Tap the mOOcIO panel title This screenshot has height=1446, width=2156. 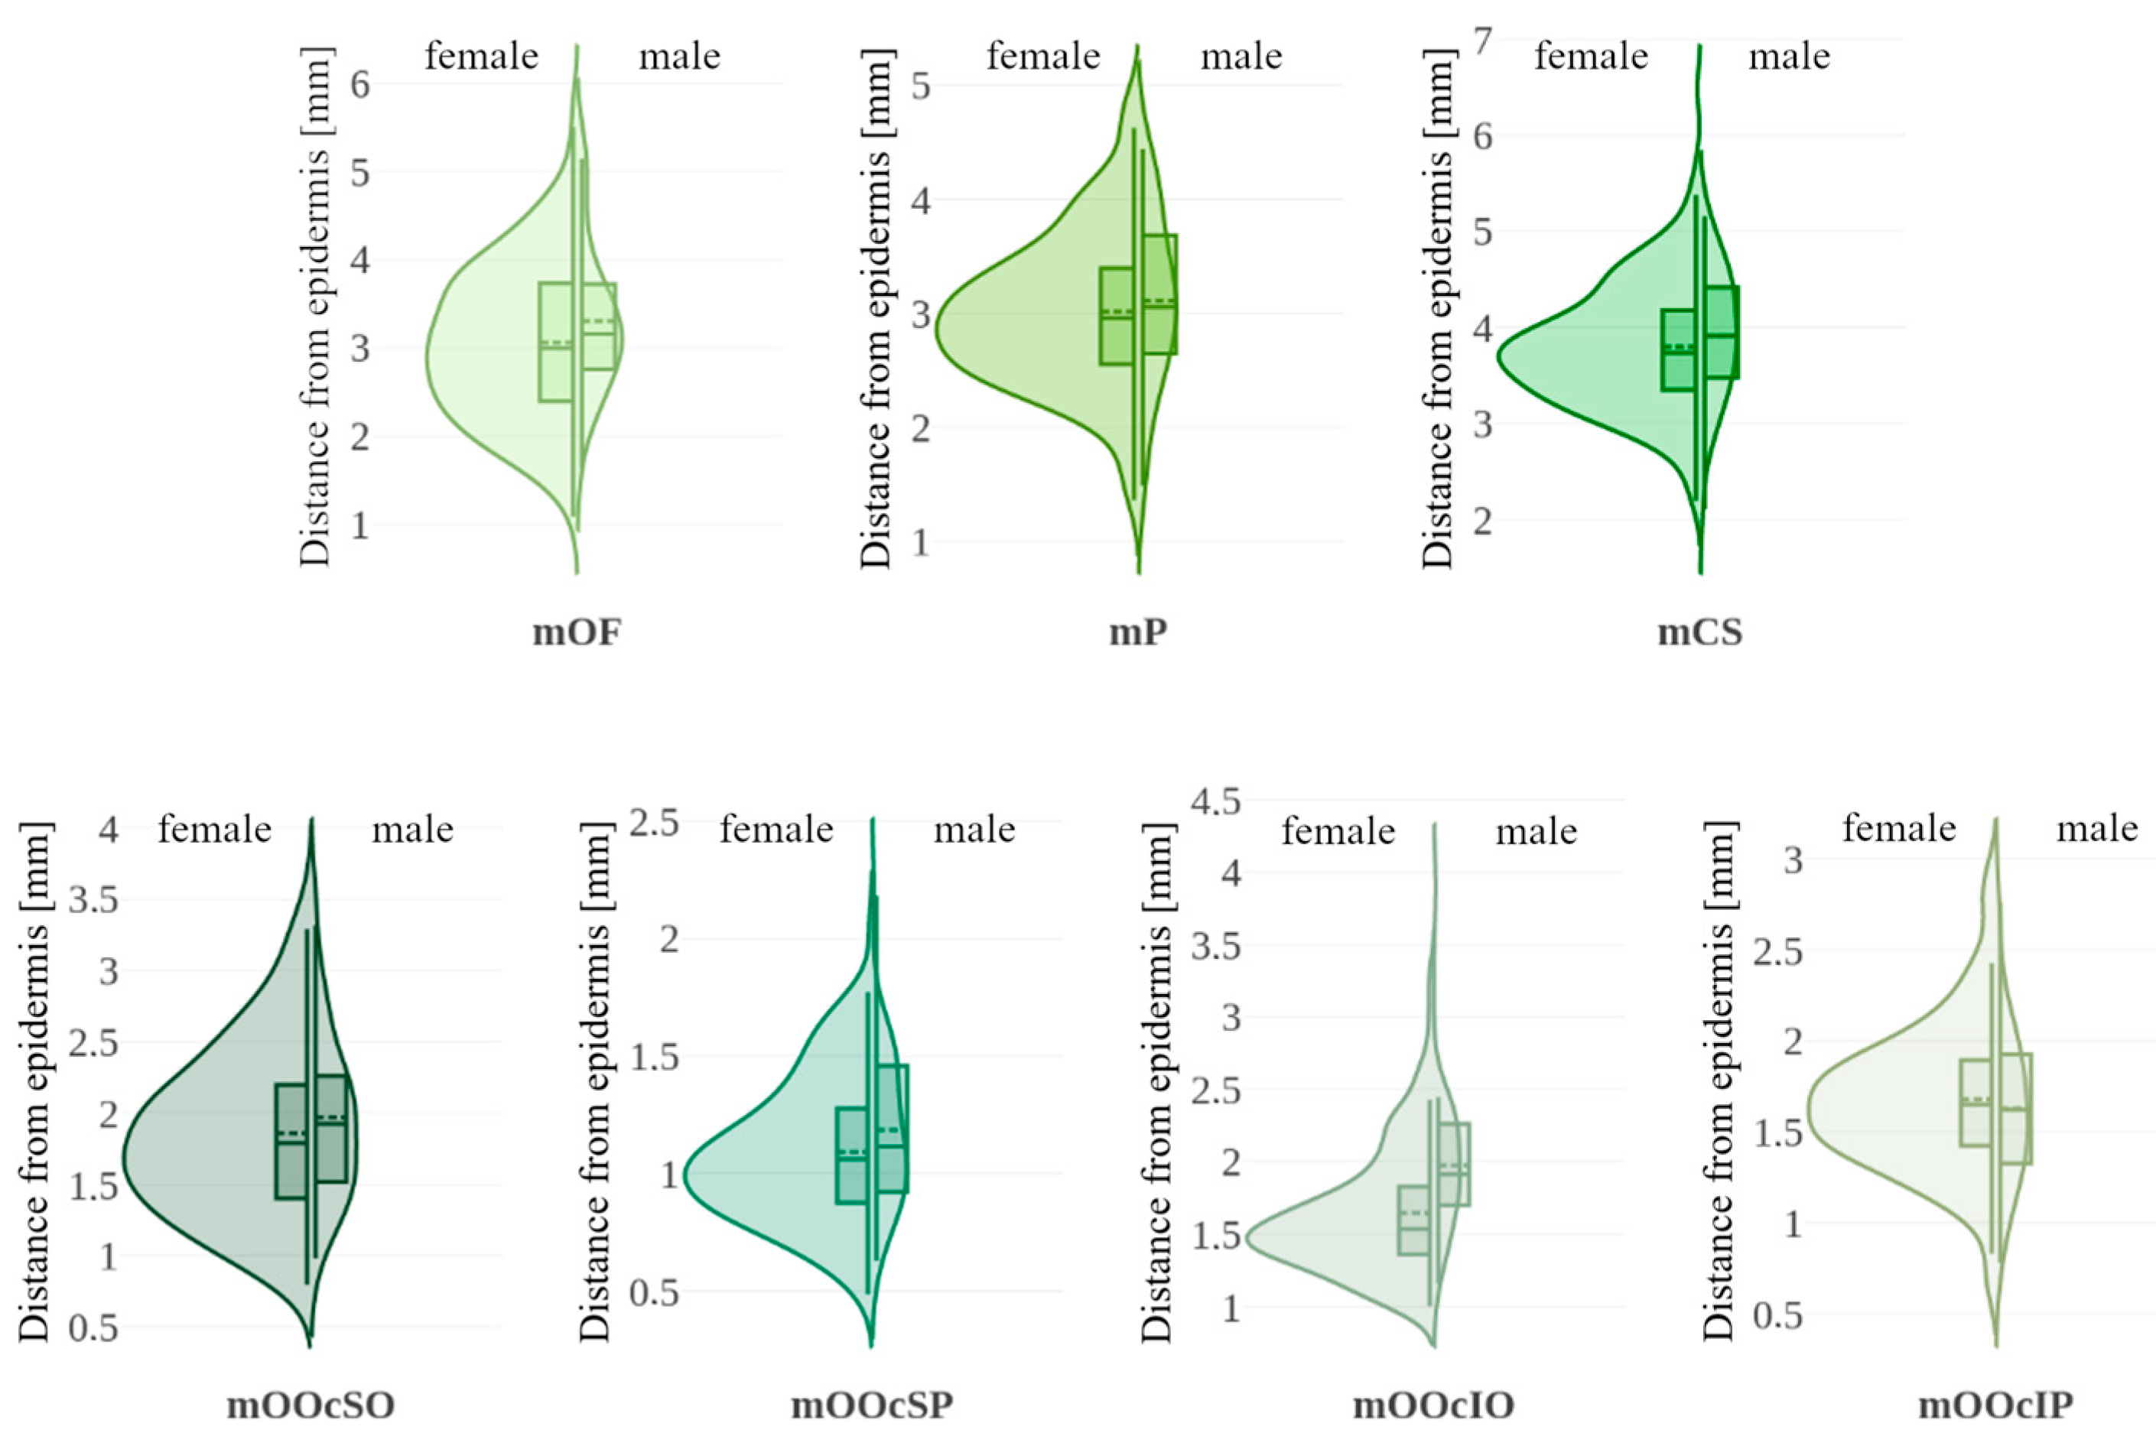point(1433,1405)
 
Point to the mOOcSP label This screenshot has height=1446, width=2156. point(871,1405)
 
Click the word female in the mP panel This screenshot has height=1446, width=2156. point(1043,57)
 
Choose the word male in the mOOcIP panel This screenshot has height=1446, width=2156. point(2097,829)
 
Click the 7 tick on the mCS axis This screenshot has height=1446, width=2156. point(1481,41)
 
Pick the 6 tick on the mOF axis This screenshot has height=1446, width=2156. point(359,85)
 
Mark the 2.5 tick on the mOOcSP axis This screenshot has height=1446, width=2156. point(654,822)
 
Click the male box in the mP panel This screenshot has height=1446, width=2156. point(1160,294)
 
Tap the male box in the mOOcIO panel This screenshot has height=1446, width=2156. point(1454,1164)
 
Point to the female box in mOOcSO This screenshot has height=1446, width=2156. point(291,1142)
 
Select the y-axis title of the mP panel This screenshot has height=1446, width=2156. point(875,309)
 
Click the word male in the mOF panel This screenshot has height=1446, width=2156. point(680,57)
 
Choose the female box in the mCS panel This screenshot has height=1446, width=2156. point(1678,350)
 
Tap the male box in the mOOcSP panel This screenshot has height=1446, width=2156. point(893,1129)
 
